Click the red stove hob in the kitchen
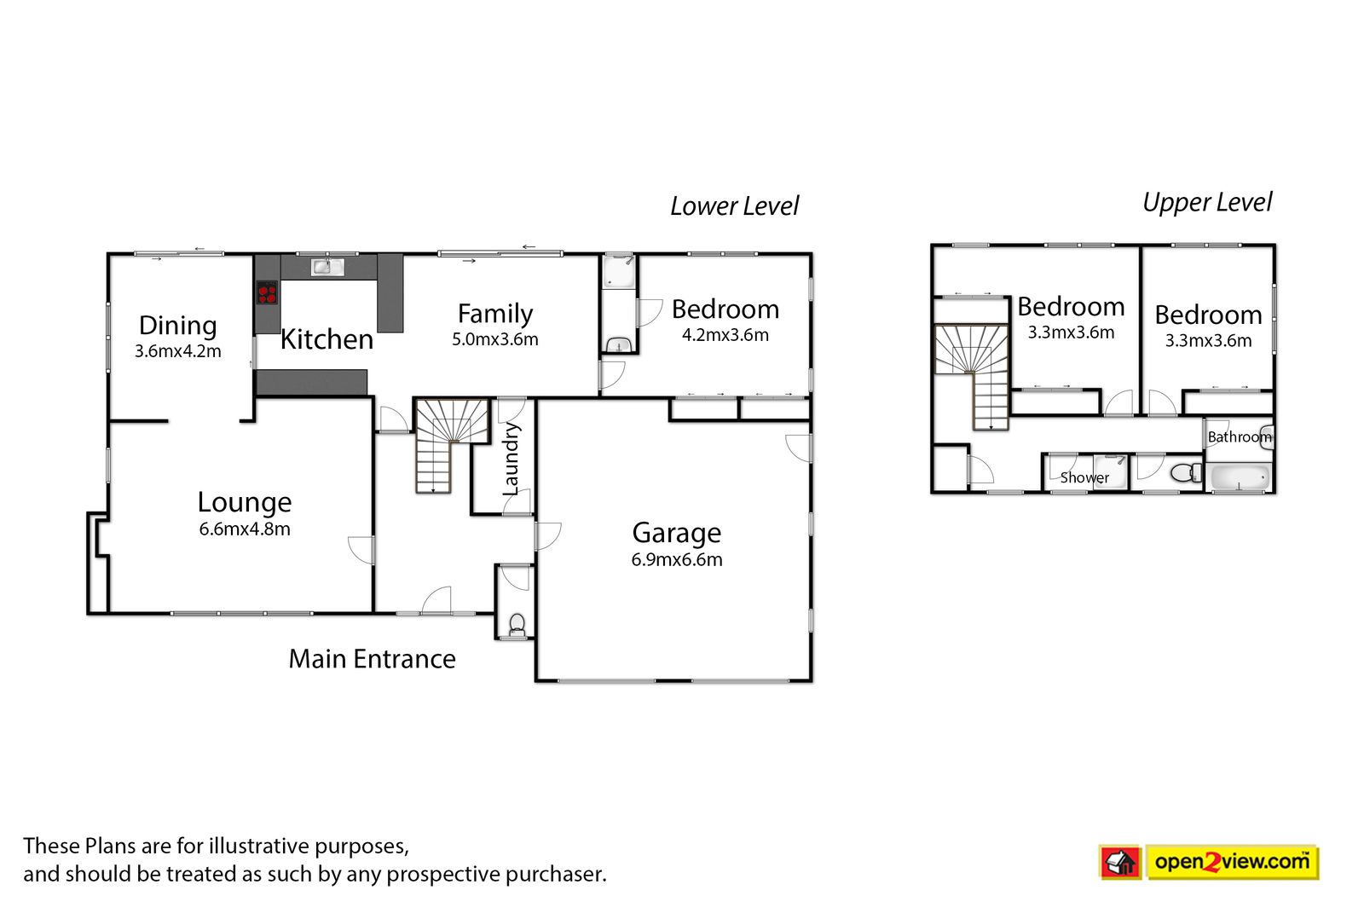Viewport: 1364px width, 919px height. (267, 292)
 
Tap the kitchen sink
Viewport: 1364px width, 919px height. (327, 267)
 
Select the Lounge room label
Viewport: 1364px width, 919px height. (245, 502)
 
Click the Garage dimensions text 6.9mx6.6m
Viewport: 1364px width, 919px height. (677, 559)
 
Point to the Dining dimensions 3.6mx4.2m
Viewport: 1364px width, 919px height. (178, 351)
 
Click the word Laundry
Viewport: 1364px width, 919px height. (511, 459)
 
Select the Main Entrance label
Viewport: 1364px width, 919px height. (372, 659)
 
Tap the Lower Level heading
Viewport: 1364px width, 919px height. (734, 205)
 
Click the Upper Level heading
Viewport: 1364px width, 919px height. (1207, 202)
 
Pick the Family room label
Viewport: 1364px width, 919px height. (495, 314)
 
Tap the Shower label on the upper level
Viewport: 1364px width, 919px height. (1084, 477)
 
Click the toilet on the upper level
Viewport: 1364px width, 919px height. (1186, 472)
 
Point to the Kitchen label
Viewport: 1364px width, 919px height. (327, 339)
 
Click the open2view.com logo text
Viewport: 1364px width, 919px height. (1232, 862)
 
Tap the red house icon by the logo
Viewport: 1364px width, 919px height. (1120, 863)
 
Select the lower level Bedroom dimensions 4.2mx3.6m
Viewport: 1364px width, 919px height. (725, 335)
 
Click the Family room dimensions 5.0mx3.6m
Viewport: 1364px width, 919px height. (495, 339)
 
